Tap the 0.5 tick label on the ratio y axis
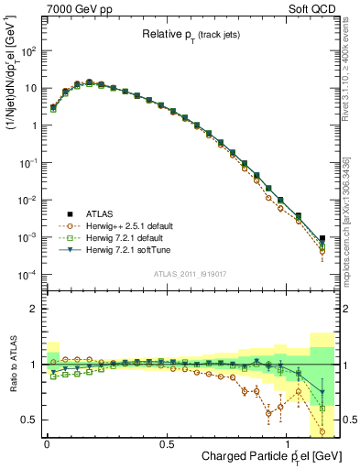coord(30,420)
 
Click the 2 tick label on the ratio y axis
coord(36,309)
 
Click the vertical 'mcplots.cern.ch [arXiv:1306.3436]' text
coord(353,238)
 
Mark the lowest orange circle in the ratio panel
coord(322,431)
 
